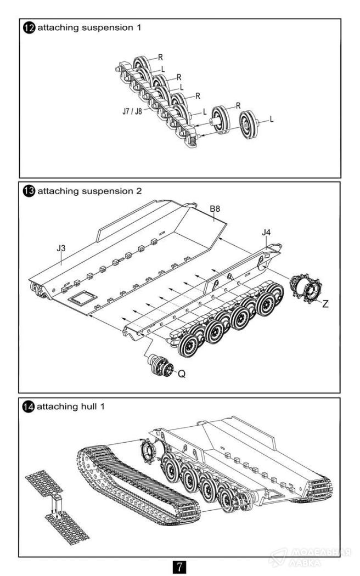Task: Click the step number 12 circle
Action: click(28, 27)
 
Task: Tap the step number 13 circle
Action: click(28, 191)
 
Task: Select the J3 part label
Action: click(61, 249)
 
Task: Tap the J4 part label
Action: click(266, 233)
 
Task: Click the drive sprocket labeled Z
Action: click(305, 287)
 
